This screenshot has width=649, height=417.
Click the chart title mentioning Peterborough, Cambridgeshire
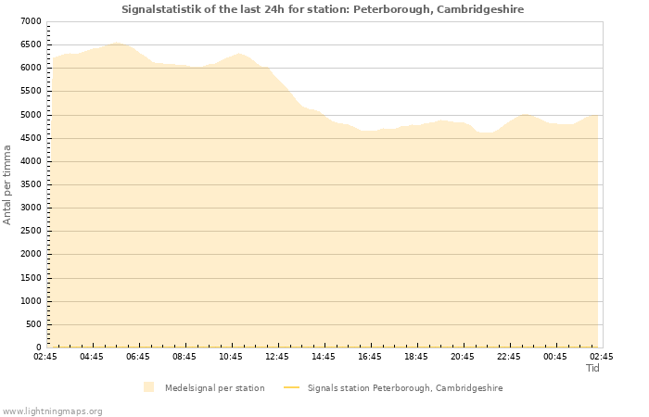pyautogui.click(x=323, y=9)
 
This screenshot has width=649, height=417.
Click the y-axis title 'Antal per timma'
pyautogui.click(x=7, y=183)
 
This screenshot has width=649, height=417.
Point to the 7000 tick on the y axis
pyautogui.click(x=30, y=21)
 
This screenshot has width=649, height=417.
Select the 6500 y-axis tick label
pyautogui.click(x=30, y=44)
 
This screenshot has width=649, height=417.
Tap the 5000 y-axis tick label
pyautogui.click(x=30, y=115)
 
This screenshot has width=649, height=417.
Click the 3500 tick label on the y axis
pyautogui.click(x=30, y=184)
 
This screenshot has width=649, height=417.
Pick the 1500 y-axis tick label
pyautogui.click(x=30, y=278)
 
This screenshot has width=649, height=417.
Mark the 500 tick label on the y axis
pyautogui.click(x=33, y=324)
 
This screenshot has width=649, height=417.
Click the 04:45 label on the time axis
pyautogui.click(x=91, y=357)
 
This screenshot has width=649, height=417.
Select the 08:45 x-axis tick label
pyautogui.click(x=184, y=357)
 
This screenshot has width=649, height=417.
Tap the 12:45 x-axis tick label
pyautogui.click(x=276, y=357)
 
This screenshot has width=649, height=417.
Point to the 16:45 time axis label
pyautogui.click(x=369, y=357)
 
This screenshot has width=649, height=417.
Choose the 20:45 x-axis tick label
pyautogui.click(x=462, y=357)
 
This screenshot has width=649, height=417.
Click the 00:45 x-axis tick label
pyautogui.click(x=554, y=357)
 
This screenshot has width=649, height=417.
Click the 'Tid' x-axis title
pyautogui.click(x=592, y=368)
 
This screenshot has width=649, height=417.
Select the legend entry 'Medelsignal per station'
pyautogui.click(x=214, y=388)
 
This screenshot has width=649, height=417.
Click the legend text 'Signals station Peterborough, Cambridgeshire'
pyautogui.click(x=405, y=388)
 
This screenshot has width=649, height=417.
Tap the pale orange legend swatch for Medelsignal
pyautogui.click(x=149, y=387)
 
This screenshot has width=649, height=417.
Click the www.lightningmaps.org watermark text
pyautogui.click(x=52, y=411)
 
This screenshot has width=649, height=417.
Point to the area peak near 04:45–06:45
pyautogui.click(x=116, y=43)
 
